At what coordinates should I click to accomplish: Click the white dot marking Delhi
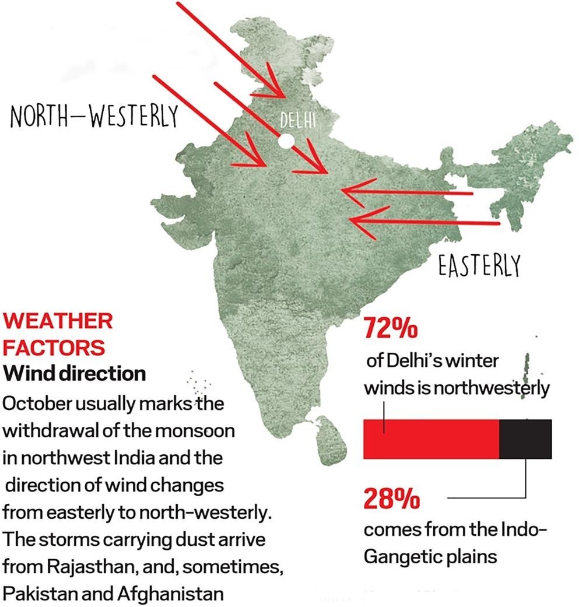(x=286, y=141)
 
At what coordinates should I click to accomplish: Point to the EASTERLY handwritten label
(x=478, y=267)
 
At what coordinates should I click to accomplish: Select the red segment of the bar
(x=431, y=438)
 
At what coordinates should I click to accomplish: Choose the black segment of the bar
(x=525, y=438)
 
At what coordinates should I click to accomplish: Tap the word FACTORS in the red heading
(x=54, y=347)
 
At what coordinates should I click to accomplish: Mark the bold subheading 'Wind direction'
(x=74, y=373)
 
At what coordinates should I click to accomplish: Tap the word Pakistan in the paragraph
(x=40, y=594)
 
